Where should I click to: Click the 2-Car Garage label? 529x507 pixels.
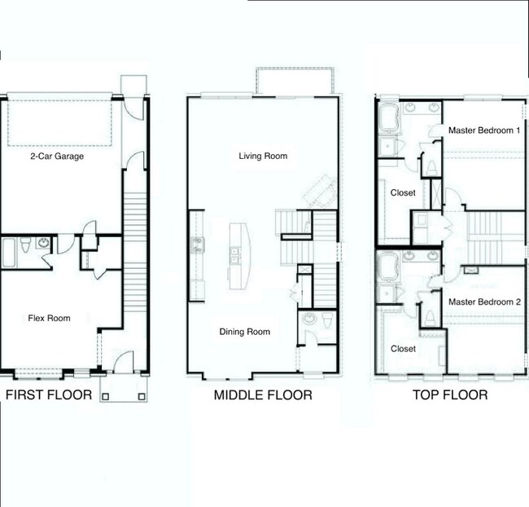(x=57, y=156)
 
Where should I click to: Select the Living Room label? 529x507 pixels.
(x=263, y=156)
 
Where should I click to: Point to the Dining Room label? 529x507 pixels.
(x=244, y=332)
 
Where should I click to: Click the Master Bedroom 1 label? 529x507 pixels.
(x=484, y=130)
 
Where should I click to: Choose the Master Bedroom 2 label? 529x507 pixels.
(x=484, y=301)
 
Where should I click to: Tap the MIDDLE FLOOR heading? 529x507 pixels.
(x=263, y=396)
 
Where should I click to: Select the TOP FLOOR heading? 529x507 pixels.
(x=449, y=395)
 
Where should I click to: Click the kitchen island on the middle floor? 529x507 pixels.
(x=238, y=255)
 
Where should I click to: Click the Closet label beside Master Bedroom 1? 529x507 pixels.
(x=403, y=193)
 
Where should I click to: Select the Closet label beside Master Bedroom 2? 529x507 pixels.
(x=403, y=349)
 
